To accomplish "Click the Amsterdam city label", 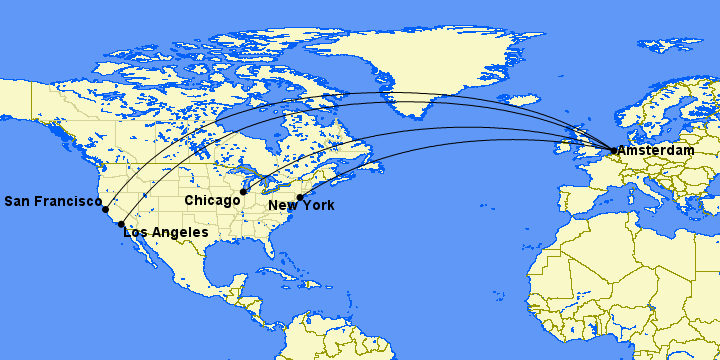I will point(656,150).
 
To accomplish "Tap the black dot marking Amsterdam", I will point(613,151).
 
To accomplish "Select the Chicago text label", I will point(213,200).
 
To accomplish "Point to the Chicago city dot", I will point(244,191).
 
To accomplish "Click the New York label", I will point(301,206).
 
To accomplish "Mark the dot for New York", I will point(300,197).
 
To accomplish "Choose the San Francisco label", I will point(51,201).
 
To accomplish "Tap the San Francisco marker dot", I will point(105,209).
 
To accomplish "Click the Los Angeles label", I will point(165,232).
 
